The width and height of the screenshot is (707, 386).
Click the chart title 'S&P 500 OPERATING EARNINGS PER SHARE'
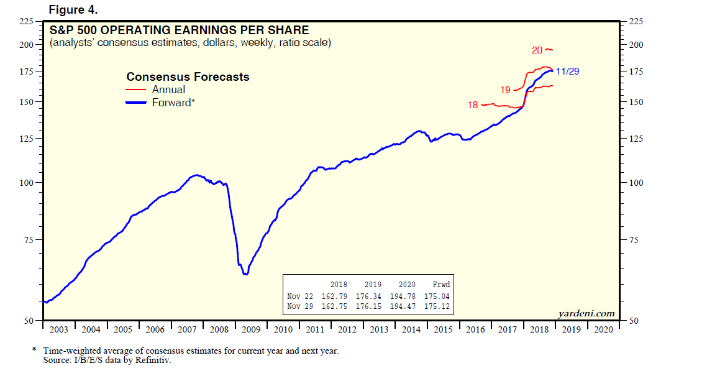coord(179,30)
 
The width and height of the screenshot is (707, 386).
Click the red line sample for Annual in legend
coord(137,90)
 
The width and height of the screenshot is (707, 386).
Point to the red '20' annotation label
coord(537,50)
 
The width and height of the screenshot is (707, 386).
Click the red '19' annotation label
coord(505,90)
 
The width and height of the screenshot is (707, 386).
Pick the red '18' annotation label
coord(473,105)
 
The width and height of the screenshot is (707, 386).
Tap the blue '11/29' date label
coord(567,71)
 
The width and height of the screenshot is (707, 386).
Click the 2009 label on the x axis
coord(250,329)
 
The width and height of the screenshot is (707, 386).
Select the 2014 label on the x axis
coord(411,329)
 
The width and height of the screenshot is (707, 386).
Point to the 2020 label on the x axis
coord(603,329)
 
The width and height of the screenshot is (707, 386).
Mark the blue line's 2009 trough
coord(246,274)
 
